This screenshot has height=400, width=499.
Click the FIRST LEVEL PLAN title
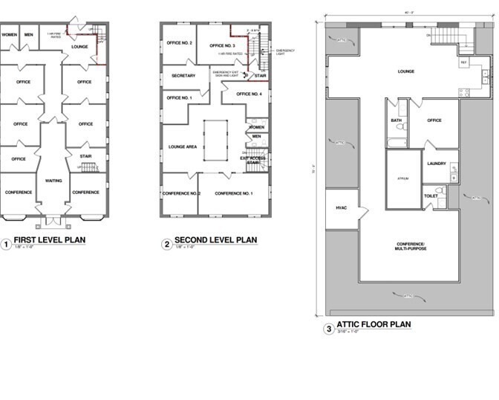(x=49, y=240)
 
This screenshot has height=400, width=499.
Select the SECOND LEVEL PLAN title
(x=215, y=240)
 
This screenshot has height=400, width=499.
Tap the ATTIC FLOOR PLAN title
(x=374, y=325)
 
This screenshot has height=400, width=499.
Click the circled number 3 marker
(x=329, y=328)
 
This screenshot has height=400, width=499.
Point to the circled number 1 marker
(x=5, y=243)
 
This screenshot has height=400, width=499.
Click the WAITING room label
(x=53, y=181)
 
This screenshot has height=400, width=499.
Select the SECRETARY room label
(x=183, y=76)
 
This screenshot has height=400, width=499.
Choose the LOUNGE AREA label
(x=183, y=147)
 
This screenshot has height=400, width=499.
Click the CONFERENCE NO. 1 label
(x=233, y=193)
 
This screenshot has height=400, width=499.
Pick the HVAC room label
(x=342, y=207)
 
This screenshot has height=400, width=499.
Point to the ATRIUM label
(x=403, y=178)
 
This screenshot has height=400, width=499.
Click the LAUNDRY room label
(x=436, y=164)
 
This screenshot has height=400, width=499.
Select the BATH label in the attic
(x=396, y=120)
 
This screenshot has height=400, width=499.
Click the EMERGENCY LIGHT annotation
(x=285, y=51)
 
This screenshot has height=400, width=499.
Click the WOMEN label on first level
(x=9, y=35)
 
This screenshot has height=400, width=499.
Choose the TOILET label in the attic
(x=431, y=196)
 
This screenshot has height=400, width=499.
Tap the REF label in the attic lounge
(x=463, y=62)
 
